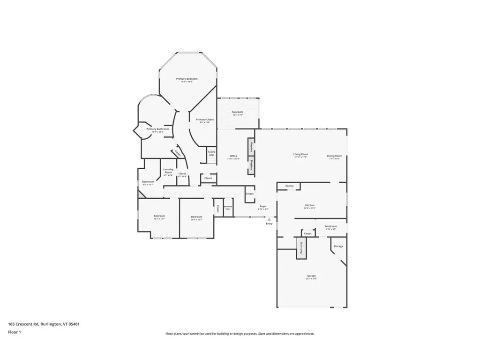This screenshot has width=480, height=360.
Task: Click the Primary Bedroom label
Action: tap(187, 79)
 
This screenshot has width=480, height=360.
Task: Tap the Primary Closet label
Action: tap(205, 120)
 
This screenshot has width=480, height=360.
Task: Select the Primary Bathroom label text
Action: tap(157, 129)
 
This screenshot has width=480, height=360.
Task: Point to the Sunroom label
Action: tap(238, 112)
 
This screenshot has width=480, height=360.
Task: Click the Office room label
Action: tap(233, 157)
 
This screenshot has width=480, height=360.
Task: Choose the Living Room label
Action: tap(300, 155)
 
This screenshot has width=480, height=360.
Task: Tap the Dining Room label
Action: tap(335, 156)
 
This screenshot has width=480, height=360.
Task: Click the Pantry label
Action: tap(290, 186)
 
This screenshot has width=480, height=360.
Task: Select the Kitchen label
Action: tap(310, 206)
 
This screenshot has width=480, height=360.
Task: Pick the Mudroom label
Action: tap(331, 227)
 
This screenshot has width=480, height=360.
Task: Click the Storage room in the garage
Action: tap(338, 246)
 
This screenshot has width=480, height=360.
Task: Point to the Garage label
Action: tap(311, 276)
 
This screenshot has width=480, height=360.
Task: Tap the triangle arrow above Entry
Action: tap(269, 219)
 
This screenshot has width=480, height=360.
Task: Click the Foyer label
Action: tap(263, 207)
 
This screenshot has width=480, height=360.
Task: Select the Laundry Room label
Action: tap(168, 171)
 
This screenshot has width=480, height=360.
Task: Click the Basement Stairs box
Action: tap(228, 207)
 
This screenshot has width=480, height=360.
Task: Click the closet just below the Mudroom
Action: tap(307, 233)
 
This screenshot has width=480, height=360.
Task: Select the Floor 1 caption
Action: tap(15, 332)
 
